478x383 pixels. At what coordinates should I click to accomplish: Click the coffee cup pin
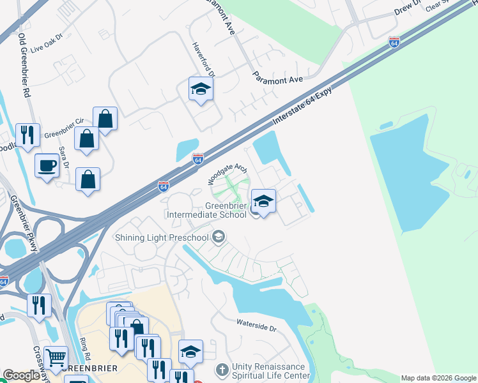(x=47, y=166)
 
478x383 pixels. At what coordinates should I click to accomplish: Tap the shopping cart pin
(x=56, y=359)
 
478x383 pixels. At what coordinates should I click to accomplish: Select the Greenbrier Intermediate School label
(x=206, y=210)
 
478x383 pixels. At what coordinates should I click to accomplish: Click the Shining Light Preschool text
(x=162, y=237)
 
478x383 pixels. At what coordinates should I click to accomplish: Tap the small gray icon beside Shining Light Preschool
(x=219, y=237)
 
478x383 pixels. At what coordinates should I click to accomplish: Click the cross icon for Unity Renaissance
(x=222, y=370)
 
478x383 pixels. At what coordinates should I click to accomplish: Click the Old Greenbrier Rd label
(x=26, y=64)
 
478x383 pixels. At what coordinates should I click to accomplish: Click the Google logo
(x=21, y=375)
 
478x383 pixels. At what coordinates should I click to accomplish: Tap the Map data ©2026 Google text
(x=438, y=378)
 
